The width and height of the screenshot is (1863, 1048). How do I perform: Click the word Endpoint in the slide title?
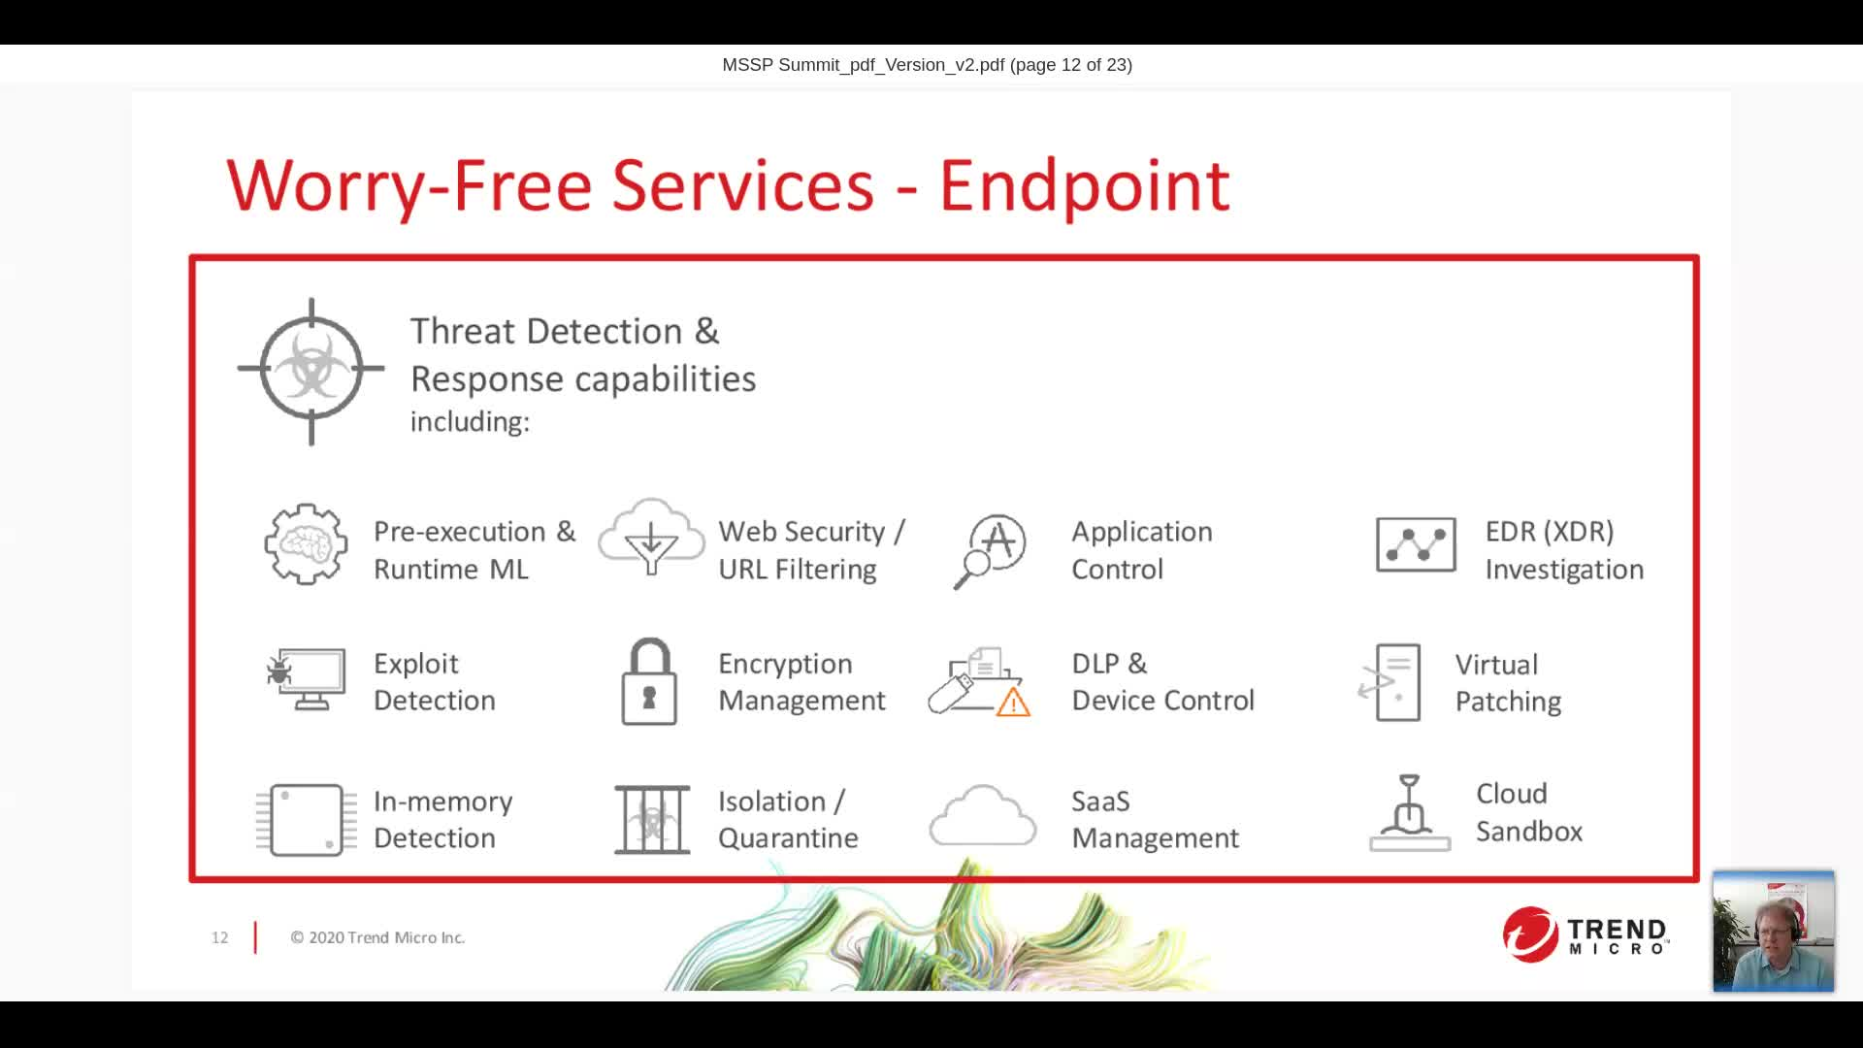(1084, 185)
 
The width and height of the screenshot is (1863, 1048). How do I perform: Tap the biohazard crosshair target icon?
(310, 370)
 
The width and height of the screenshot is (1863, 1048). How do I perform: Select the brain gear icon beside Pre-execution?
(306, 544)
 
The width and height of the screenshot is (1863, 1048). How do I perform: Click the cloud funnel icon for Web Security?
(651, 540)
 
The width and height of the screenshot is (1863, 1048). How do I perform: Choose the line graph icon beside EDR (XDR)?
(1416, 545)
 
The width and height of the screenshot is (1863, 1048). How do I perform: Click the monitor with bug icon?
(307, 679)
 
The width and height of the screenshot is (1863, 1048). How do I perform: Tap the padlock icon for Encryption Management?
(648, 682)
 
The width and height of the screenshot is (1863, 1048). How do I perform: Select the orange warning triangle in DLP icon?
(1013, 702)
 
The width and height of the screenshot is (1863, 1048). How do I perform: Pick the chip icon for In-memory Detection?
(305, 820)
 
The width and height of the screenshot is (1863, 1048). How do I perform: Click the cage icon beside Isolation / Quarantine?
(652, 820)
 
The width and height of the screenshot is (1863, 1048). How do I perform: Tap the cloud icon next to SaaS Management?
(982, 816)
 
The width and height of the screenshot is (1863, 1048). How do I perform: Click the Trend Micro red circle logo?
(1530, 934)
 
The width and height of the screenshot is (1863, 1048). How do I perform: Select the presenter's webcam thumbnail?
(1773, 932)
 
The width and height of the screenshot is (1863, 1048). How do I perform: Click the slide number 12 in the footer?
(220, 937)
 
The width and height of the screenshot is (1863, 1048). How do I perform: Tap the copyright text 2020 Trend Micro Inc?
(377, 937)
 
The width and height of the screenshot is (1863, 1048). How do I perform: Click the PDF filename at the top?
(863, 65)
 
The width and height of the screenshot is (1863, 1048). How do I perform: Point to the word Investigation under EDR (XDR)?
(1564, 570)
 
